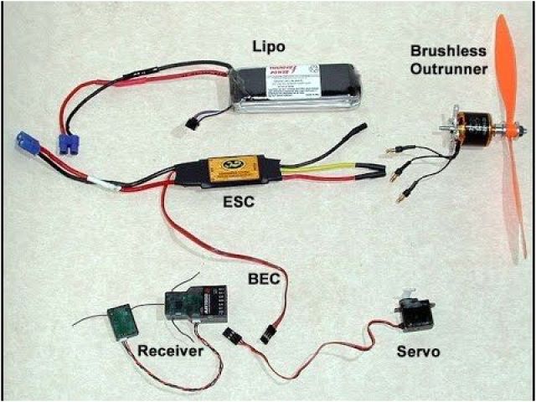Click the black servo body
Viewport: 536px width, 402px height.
[415, 316]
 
